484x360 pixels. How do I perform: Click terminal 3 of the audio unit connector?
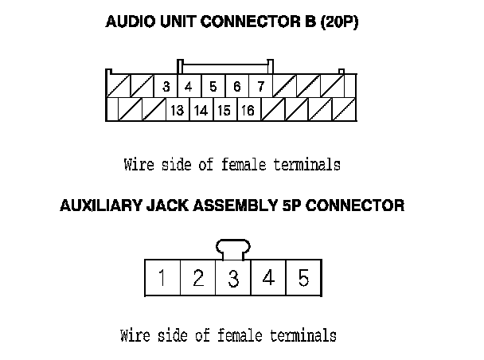tap(166, 86)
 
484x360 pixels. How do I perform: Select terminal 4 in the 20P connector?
tap(189, 86)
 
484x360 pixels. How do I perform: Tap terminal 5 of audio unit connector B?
tap(213, 86)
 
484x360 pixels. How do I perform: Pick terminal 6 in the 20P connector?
tap(237, 86)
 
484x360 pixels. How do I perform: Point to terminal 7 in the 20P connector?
tap(260, 86)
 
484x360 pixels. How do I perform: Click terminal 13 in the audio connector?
tap(177, 111)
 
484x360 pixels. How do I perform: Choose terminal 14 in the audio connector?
tap(201, 111)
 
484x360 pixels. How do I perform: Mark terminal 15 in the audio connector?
tap(224, 111)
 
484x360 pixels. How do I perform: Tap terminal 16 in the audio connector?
tap(248, 111)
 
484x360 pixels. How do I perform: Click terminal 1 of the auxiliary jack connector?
tap(162, 278)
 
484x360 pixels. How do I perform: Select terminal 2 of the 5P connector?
tap(198, 278)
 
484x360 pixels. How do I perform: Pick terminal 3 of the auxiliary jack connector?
tap(233, 278)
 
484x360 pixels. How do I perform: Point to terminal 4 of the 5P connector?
tap(268, 278)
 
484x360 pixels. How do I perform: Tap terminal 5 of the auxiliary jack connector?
tap(303, 278)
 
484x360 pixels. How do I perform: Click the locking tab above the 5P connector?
tap(233, 249)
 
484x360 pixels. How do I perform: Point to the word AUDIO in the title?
tap(127, 22)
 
